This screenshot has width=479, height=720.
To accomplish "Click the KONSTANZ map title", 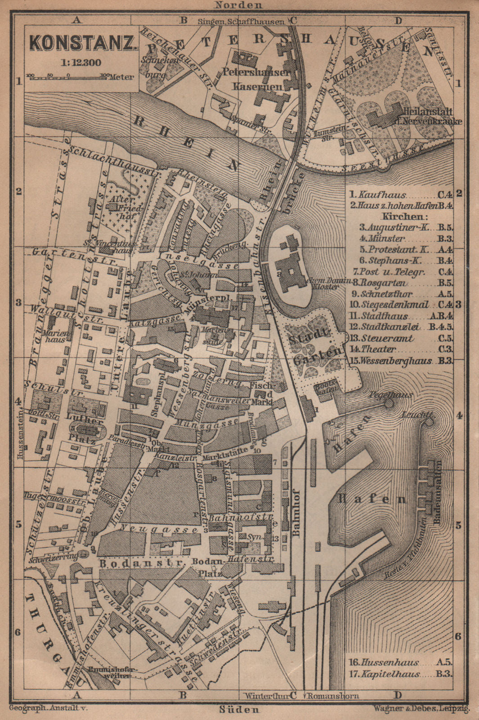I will [83, 44].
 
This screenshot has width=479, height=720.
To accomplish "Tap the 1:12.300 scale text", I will [82, 63].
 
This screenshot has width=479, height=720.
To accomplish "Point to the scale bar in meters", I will [67, 77].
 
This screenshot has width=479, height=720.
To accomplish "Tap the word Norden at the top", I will [238, 5].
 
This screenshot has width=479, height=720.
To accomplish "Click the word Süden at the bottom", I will [239, 710].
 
